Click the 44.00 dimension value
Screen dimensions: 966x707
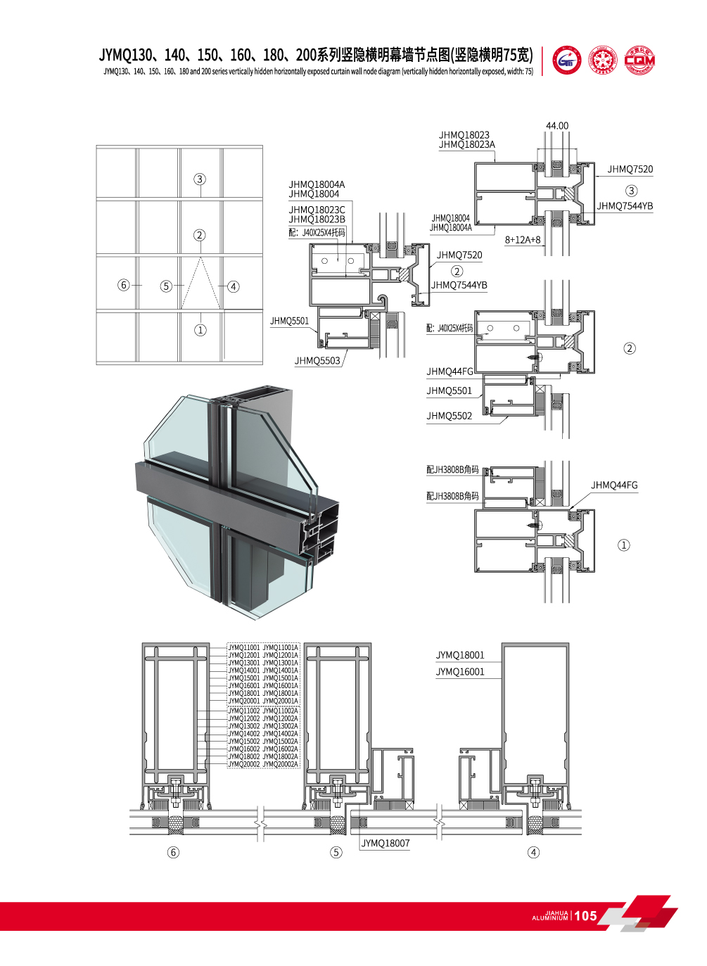556,126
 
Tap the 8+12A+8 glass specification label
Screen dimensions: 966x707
523,240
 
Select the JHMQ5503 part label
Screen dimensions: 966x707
317,361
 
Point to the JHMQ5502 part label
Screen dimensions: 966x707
449,416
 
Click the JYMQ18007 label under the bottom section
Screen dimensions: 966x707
385,843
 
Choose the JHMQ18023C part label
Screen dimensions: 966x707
317,210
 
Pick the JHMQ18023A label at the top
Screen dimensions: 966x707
466,145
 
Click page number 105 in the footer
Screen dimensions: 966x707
585,915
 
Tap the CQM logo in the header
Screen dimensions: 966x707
639,61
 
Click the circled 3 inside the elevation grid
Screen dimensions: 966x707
200,179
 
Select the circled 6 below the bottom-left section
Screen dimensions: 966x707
173,852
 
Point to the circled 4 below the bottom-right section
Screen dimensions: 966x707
533,852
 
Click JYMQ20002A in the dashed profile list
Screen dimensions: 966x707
280,764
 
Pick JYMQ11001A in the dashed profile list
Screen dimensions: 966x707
280,647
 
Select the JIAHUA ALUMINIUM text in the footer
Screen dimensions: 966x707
550,915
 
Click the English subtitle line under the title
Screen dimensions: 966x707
318,72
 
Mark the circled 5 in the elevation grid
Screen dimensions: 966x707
166,286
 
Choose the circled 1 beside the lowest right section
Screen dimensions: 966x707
623,545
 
